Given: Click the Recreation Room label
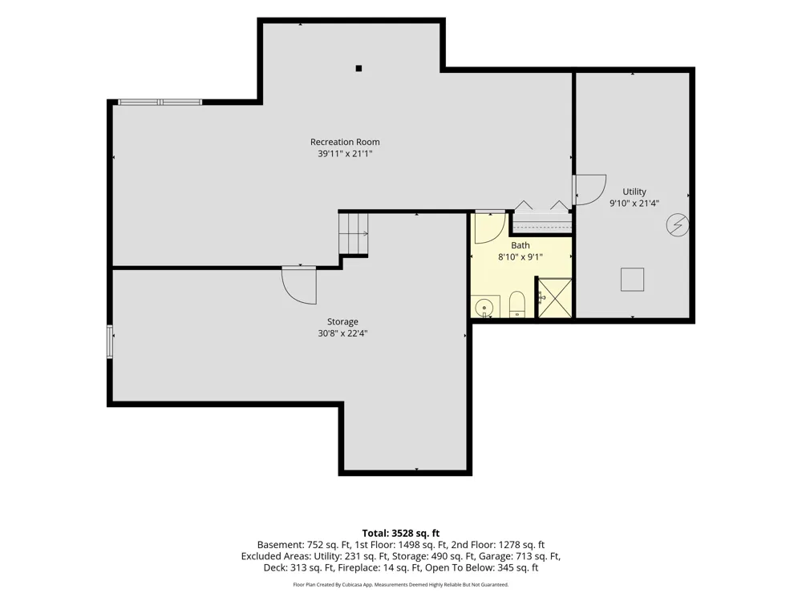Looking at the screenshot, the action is click(x=345, y=142).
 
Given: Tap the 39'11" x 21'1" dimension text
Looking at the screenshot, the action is click(x=345, y=154).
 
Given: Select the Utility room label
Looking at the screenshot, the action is click(x=634, y=192).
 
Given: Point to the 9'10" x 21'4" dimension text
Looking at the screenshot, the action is click(x=634, y=204).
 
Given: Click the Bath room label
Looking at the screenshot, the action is click(x=520, y=245).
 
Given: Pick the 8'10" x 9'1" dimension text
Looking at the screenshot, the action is click(x=520, y=257).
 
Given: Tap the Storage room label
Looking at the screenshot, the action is click(x=342, y=322).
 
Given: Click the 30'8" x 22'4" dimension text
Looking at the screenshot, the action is click(x=342, y=333).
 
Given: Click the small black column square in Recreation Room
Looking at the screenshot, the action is click(x=358, y=68).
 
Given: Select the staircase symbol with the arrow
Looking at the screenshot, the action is click(x=354, y=233).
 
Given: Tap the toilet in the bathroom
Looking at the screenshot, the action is click(x=517, y=305).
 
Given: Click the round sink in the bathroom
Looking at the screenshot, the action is click(x=484, y=308).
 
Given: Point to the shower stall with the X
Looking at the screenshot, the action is click(x=555, y=298).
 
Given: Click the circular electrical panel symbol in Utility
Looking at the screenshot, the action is click(x=677, y=225).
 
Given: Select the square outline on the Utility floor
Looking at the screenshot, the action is click(x=632, y=280).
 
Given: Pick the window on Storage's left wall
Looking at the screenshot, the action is click(x=109, y=341).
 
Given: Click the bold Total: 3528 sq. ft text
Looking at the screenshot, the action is click(x=401, y=534).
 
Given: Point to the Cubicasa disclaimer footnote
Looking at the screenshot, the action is click(x=401, y=585).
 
